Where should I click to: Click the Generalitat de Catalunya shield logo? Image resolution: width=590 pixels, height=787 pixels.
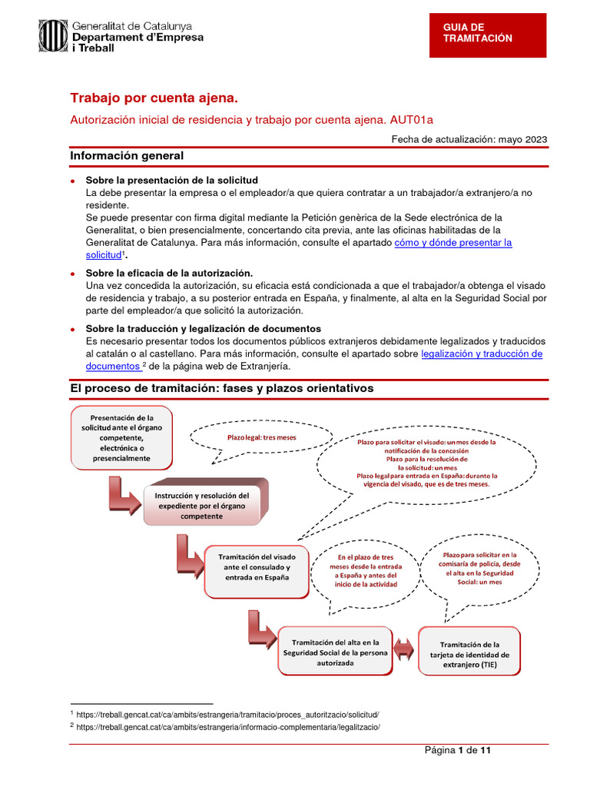point(54,35)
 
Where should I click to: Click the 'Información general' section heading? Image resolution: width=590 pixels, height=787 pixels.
point(127,156)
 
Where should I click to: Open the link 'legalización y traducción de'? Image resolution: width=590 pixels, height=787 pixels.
point(482,354)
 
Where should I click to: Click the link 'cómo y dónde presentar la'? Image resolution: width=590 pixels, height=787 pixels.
point(452,242)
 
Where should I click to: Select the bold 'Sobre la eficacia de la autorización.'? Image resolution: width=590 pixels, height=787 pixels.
point(169,274)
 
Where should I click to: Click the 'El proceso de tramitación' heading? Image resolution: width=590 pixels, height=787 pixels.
point(222,389)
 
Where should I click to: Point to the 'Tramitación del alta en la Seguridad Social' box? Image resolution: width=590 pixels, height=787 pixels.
point(330,652)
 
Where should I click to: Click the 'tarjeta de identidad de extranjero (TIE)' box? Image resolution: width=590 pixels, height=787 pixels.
point(469,655)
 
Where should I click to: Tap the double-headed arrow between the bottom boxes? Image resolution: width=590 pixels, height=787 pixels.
point(404,643)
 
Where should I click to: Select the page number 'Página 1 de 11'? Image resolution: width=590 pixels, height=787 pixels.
point(459,751)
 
